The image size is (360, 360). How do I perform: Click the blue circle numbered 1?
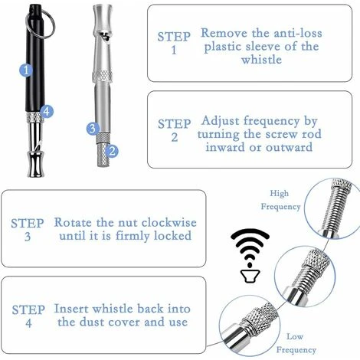[x=26, y=70]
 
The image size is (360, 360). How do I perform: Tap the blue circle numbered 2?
[x=112, y=151]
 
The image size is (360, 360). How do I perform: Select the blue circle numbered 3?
[x=93, y=129]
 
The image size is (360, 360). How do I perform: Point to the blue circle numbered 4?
[x=47, y=111]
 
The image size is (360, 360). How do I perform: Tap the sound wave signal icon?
[x=250, y=256]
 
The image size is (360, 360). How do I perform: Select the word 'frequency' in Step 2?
[x=272, y=121]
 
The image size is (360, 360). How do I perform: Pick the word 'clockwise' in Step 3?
[x=169, y=222]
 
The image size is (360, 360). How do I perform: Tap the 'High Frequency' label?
[x=280, y=200]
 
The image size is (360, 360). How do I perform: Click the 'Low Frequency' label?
[x=296, y=343]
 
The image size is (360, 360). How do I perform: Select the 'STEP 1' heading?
[x=174, y=43]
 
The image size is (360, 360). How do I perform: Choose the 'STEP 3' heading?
[x=28, y=230]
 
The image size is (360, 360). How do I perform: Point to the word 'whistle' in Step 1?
[x=261, y=60]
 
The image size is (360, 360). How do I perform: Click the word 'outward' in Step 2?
[x=290, y=147]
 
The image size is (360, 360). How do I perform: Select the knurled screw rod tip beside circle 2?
[x=103, y=155]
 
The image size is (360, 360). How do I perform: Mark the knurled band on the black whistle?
[x=34, y=117]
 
